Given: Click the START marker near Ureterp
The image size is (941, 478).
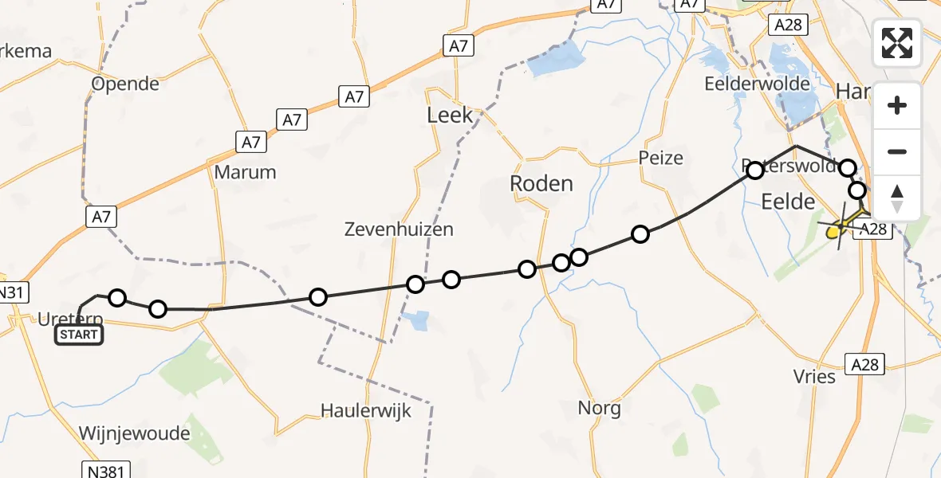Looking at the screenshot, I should (78, 335).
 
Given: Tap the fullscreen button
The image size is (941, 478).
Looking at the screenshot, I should (897, 43).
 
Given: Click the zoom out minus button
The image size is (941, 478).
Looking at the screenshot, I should (897, 151).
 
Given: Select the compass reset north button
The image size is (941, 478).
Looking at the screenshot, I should (897, 198).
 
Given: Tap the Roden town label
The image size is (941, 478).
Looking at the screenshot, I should (541, 184).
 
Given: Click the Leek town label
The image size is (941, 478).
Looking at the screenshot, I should (450, 116).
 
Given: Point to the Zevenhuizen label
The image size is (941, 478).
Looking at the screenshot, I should (399, 229).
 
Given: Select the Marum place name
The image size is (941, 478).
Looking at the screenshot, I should (246, 172).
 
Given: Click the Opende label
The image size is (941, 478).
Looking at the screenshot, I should (126, 84).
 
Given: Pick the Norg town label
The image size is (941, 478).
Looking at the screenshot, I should (600, 409).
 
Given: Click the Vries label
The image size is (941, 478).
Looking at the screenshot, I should (814, 376).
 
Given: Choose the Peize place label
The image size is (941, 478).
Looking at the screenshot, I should (661, 158).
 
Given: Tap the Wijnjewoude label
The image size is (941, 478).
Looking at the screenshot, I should (135, 434).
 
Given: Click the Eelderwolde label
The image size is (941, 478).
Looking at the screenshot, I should (757, 84).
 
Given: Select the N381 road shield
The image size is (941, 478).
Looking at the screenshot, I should (104, 470).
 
